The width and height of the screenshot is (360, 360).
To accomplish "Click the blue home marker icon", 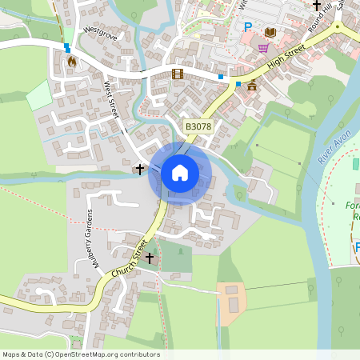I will [180, 173].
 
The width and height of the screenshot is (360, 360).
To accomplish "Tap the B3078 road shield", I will [199, 127].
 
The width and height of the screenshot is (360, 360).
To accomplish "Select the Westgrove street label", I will [100, 34].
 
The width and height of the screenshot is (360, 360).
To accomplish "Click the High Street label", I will [287, 59].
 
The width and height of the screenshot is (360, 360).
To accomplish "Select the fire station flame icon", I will [72, 60].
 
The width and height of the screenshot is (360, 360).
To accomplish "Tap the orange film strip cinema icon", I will [177, 74].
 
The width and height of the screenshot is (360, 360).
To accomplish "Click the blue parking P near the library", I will [248, 28].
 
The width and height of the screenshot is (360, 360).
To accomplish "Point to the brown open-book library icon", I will [270, 32].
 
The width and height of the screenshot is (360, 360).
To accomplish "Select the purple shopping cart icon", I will [263, 48].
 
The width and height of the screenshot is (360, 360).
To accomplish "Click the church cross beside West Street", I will [140, 169].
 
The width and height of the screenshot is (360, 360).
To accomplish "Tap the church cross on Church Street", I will [149, 258].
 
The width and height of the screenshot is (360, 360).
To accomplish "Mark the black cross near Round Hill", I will [316, 6].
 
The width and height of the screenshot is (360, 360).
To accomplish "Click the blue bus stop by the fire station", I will [66, 47].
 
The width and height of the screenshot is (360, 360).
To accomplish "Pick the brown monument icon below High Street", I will [252, 86].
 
